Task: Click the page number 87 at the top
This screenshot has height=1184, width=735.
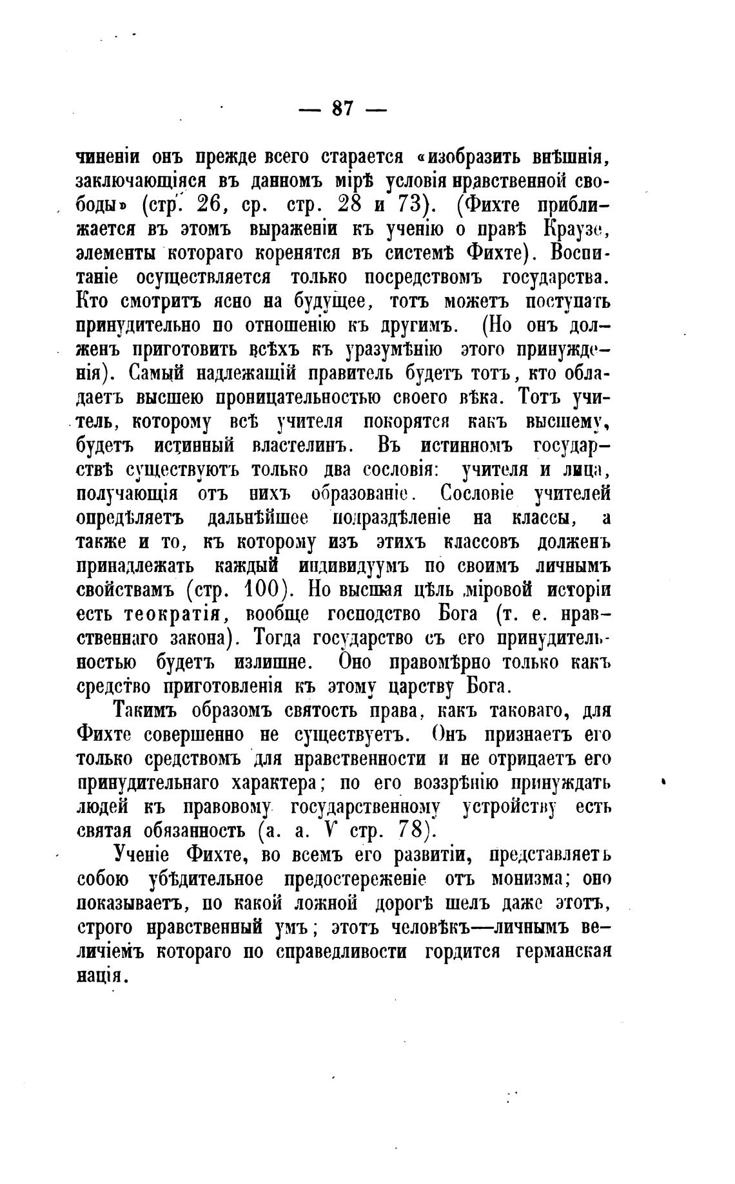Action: click(343, 108)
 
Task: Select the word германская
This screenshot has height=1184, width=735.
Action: click(563, 951)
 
